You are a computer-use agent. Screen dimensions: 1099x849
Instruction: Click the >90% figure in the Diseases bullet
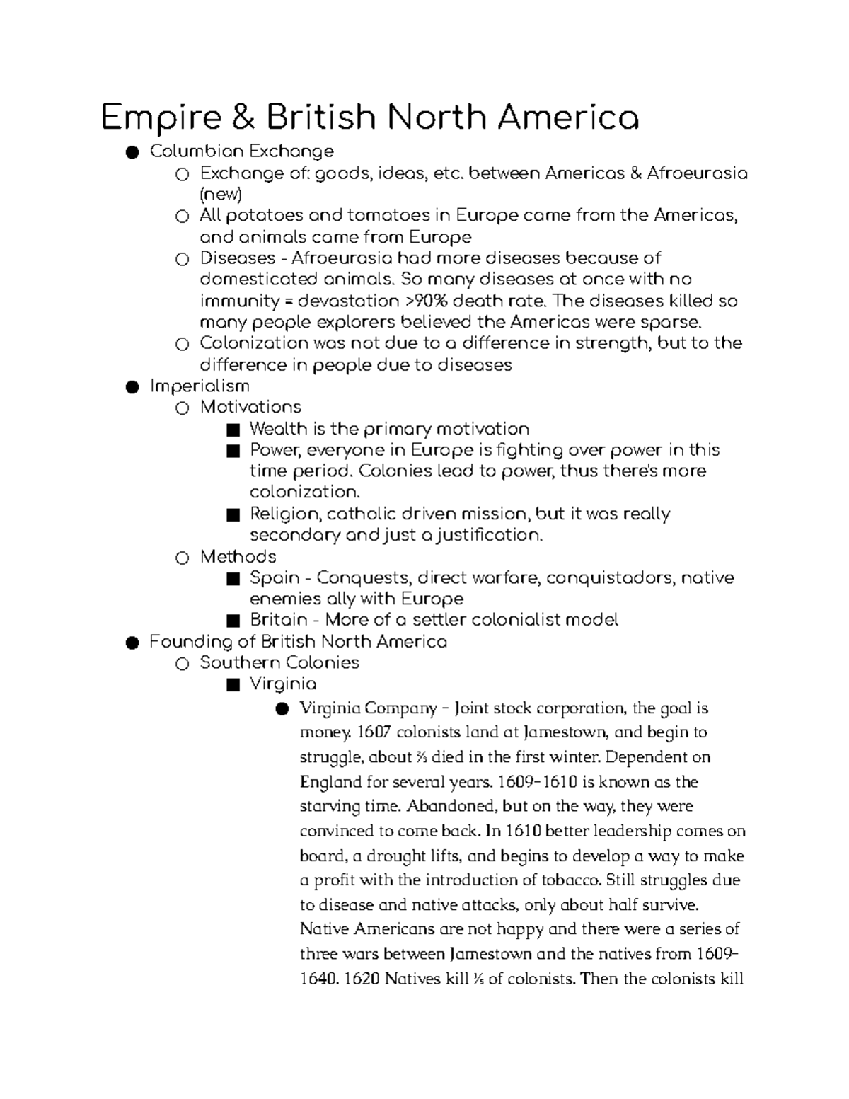click(x=427, y=301)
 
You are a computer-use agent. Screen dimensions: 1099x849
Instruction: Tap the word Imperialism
click(x=200, y=386)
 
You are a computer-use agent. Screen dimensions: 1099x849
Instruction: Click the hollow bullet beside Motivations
click(x=182, y=408)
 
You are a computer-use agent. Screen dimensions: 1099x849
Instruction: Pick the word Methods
click(x=238, y=556)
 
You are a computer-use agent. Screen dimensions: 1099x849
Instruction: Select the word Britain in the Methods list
click(x=278, y=620)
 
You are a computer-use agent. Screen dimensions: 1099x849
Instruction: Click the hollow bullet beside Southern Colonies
click(x=182, y=664)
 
